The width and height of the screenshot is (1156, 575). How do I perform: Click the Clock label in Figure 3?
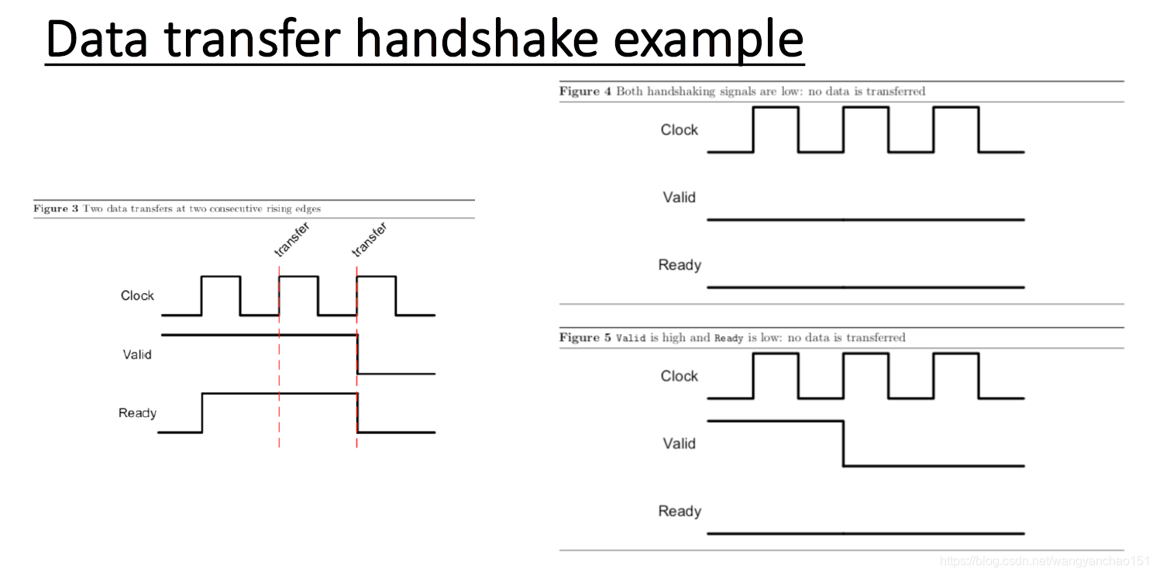[x=137, y=295]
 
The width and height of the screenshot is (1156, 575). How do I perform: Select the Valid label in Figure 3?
[x=137, y=354]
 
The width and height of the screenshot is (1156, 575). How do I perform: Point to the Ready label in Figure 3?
[x=137, y=413]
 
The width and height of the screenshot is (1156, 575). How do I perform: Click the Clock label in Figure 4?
[x=679, y=129]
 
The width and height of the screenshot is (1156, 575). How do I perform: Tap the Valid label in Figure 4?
[x=679, y=197]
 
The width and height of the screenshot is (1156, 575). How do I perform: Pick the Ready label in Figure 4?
[x=679, y=265]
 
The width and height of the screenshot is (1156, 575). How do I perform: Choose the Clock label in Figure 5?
[x=679, y=376]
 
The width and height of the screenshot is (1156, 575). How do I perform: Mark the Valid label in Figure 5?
[x=679, y=443]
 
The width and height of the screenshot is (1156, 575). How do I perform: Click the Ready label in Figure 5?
[x=679, y=511]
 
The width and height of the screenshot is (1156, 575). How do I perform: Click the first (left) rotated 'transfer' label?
[x=292, y=239]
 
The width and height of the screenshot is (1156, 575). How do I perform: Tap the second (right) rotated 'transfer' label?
[x=369, y=239]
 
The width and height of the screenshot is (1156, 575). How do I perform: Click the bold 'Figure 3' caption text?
[x=56, y=208]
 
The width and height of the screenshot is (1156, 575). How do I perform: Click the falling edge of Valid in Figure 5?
[x=843, y=443]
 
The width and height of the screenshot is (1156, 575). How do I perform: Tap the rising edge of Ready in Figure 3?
[x=202, y=413]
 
